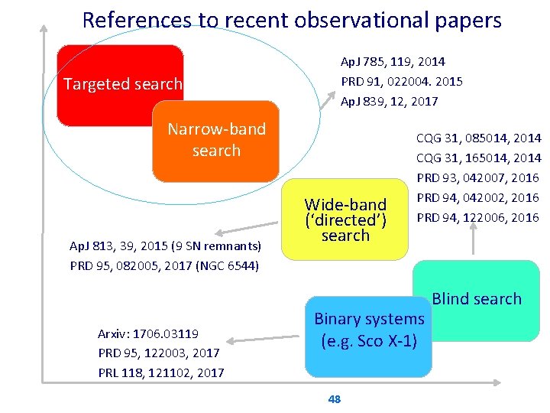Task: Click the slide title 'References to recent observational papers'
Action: pyautogui.click(x=291, y=19)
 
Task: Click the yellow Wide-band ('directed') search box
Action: pyautogui.click(x=345, y=220)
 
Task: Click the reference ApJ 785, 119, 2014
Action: pyautogui.click(x=393, y=61)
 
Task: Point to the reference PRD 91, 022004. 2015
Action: pyautogui.click(x=401, y=81)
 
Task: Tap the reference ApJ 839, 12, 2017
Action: pyautogui.click(x=389, y=101)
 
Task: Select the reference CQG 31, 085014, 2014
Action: pyautogui.click(x=478, y=138)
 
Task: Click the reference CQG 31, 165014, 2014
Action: pyautogui.click(x=478, y=158)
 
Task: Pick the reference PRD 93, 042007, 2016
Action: pyautogui.click(x=477, y=178)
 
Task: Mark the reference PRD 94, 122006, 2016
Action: pyautogui.click(x=477, y=218)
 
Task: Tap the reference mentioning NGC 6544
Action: pyautogui.click(x=165, y=266)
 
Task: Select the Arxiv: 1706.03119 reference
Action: pyautogui.click(x=148, y=333)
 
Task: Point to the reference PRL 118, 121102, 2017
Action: pyautogui.click(x=160, y=372)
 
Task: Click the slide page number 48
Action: pyautogui.click(x=334, y=398)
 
